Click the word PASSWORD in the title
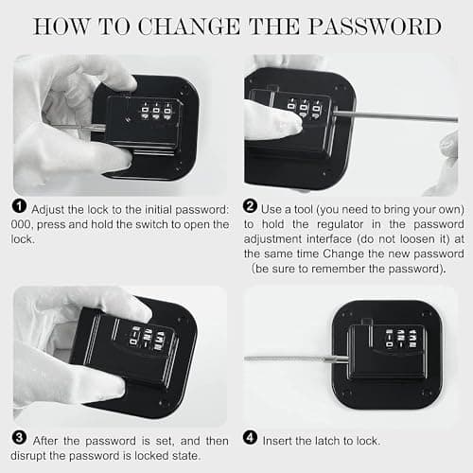click(x=375, y=26)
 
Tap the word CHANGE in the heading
click(x=189, y=26)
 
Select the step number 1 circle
click(x=19, y=206)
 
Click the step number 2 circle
click(x=250, y=206)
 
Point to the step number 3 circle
click(x=19, y=438)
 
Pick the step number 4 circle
click(x=250, y=438)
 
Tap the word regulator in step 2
click(x=340, y=224)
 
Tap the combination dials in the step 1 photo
click(x=156, y=111)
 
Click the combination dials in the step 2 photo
click(x=305, y=109)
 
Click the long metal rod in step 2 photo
click(x=395, y=115)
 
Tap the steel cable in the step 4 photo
click(x=296, y=359)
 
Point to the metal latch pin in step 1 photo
click(x=82, y=128)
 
